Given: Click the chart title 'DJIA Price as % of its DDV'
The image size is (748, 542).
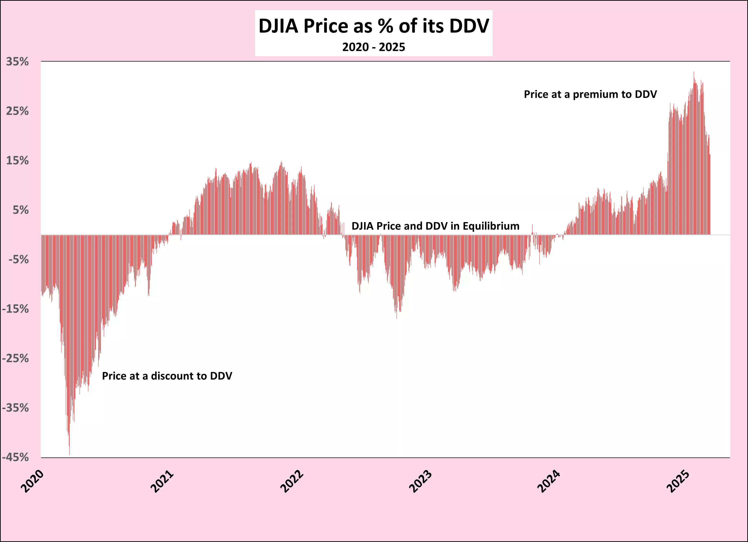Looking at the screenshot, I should [x=374, y=26].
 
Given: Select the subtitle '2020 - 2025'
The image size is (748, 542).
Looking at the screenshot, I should [x=374, y=47].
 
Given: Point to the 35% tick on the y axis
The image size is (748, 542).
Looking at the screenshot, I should [x=17, y=62].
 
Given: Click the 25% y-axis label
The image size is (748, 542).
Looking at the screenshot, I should [x=17, y=111].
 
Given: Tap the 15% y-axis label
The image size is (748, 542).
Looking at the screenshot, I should [x=17, y=161].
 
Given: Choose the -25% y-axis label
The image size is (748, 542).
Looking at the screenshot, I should [x=16, y=359].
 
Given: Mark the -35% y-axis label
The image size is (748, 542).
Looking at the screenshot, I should [x=16, y=408].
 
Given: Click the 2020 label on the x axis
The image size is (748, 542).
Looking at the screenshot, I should [x=32, y=481].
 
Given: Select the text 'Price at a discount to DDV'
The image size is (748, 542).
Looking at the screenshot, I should [x=167, y=376].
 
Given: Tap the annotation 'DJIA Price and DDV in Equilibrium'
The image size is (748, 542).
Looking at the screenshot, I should [x=435, y=226].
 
